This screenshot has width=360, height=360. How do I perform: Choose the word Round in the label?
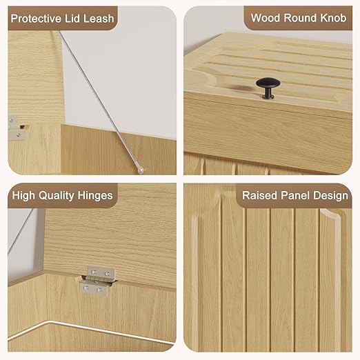pos(300,18)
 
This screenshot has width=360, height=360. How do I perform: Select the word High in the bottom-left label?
pos(23,196)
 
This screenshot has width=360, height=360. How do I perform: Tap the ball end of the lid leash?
pos(140,170)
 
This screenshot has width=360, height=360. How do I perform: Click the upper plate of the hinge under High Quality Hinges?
pos(101,272)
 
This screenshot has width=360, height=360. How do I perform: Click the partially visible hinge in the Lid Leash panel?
pos(17,128)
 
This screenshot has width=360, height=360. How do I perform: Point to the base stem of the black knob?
pos(268,94)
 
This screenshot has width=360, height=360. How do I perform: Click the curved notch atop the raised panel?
pos(330,214)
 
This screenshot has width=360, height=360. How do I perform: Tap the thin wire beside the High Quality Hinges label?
pos(20,232)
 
